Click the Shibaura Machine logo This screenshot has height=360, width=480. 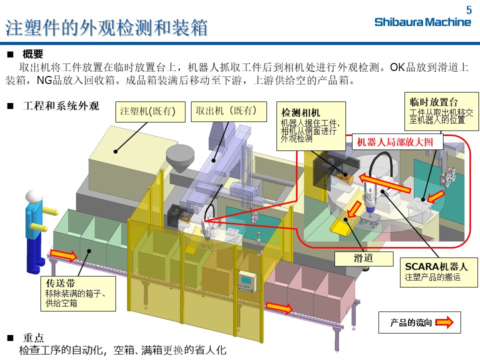(422, 22)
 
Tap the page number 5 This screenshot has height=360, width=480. (468, 10)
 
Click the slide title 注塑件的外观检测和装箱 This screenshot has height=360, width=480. (106, 28)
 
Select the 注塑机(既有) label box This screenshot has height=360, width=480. (147, 112)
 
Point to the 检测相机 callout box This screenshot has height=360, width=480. (311, 125)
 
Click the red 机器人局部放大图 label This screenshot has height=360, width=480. (394, 142)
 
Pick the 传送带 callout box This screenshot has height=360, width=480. (77, 292)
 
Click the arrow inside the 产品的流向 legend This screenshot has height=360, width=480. (444, 322)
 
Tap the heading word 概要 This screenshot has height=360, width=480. (33, 54)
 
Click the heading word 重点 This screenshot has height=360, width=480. (33, 338)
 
